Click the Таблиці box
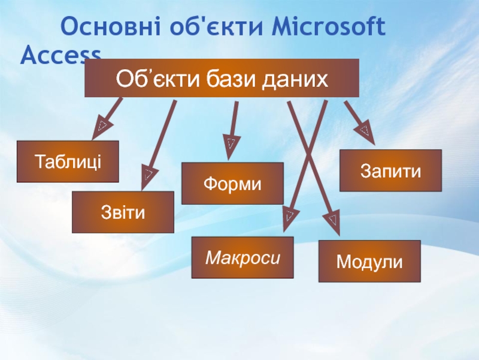click(68, 161)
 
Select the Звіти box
click(123, 212)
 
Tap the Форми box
click(232, 183)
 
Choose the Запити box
click(390, 170)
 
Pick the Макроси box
click(242, 257)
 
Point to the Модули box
click(369, 261)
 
